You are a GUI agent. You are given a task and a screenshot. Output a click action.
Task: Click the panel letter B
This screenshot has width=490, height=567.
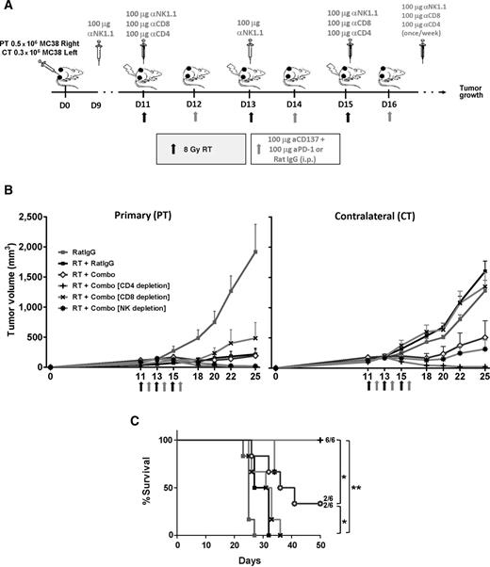8,189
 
